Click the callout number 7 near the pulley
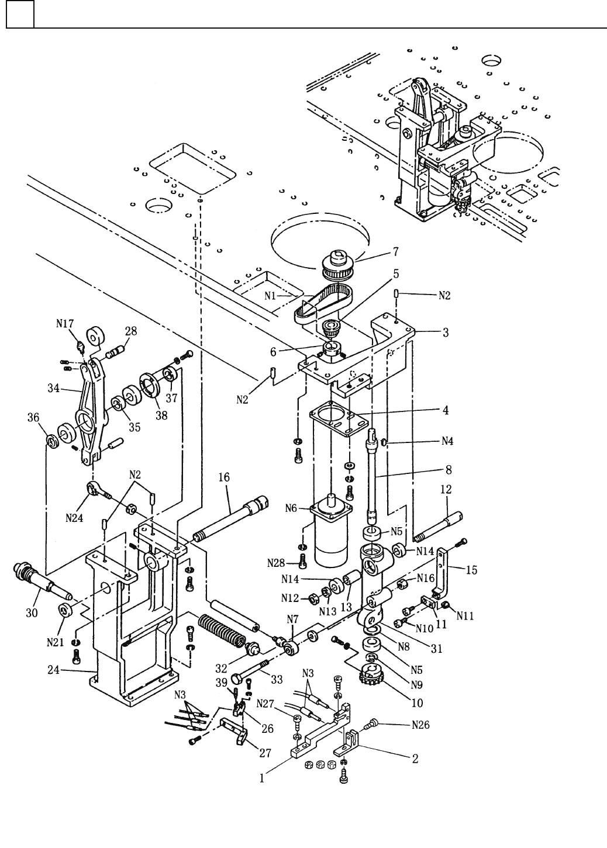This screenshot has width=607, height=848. pos(395,251)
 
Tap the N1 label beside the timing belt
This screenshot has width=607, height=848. pos(270,296)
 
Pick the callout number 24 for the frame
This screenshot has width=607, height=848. pos(53,670)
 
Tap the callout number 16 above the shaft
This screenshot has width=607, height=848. pos(224,477)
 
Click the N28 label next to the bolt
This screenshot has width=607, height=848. pos(275,563)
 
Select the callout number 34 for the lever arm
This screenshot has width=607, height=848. pos(53,388)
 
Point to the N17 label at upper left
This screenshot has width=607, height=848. pos(65,324)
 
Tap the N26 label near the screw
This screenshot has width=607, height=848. pos(420,725)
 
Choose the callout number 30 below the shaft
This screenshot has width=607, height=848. pos(32,613)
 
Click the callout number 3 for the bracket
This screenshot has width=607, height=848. pos(446,333)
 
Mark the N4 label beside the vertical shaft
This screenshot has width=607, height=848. pos(447,441)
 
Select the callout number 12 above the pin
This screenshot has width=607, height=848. pos(446,489)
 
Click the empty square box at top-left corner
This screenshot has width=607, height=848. pos(20,14)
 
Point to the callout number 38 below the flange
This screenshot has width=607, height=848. pos(161,416)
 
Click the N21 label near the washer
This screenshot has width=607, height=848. pos(55,642)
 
